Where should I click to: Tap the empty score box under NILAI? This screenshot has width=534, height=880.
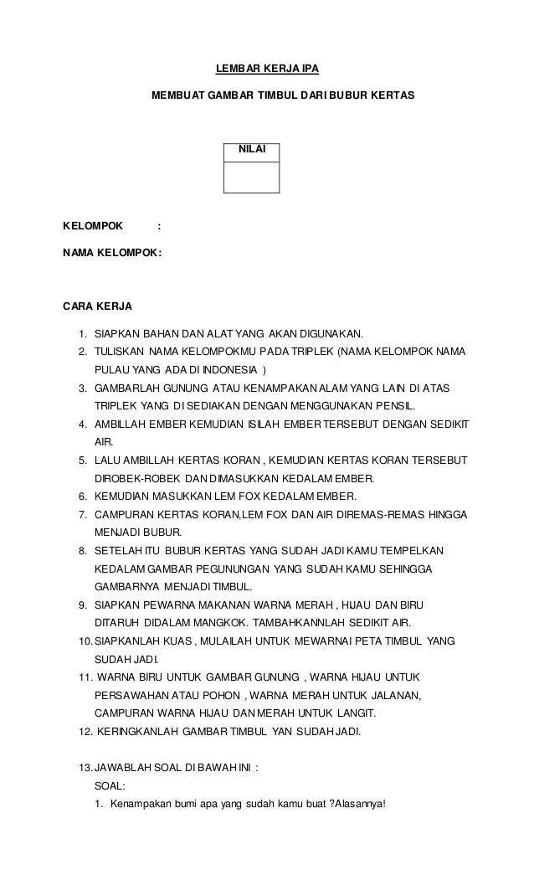252,177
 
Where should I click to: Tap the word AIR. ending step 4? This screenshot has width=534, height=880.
105,441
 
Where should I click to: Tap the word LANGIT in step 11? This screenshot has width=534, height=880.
356,713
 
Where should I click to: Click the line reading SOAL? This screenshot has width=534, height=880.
110,786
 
